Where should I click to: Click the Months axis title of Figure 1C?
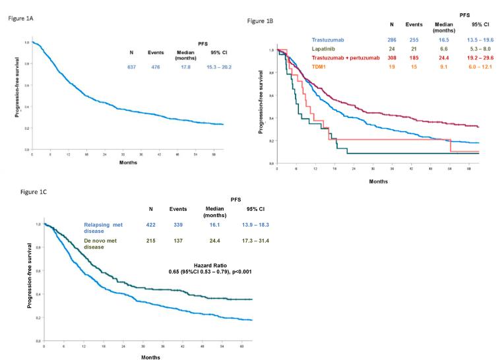(148, 357)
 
